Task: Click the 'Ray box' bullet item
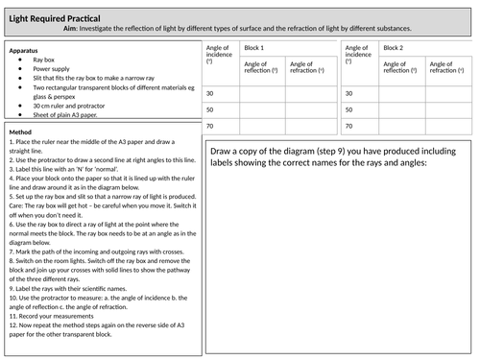[x=43, y=60]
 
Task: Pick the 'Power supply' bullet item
[x=51, y=69]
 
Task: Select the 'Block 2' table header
[x=394, y=48]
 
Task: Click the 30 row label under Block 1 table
[x=209, y=93]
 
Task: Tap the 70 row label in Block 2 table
[x=348, y=126]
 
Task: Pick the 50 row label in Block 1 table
[x=209, y=109]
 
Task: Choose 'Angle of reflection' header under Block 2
[x=401, y=70]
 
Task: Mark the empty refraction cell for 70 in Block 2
[x=450, y=126]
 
